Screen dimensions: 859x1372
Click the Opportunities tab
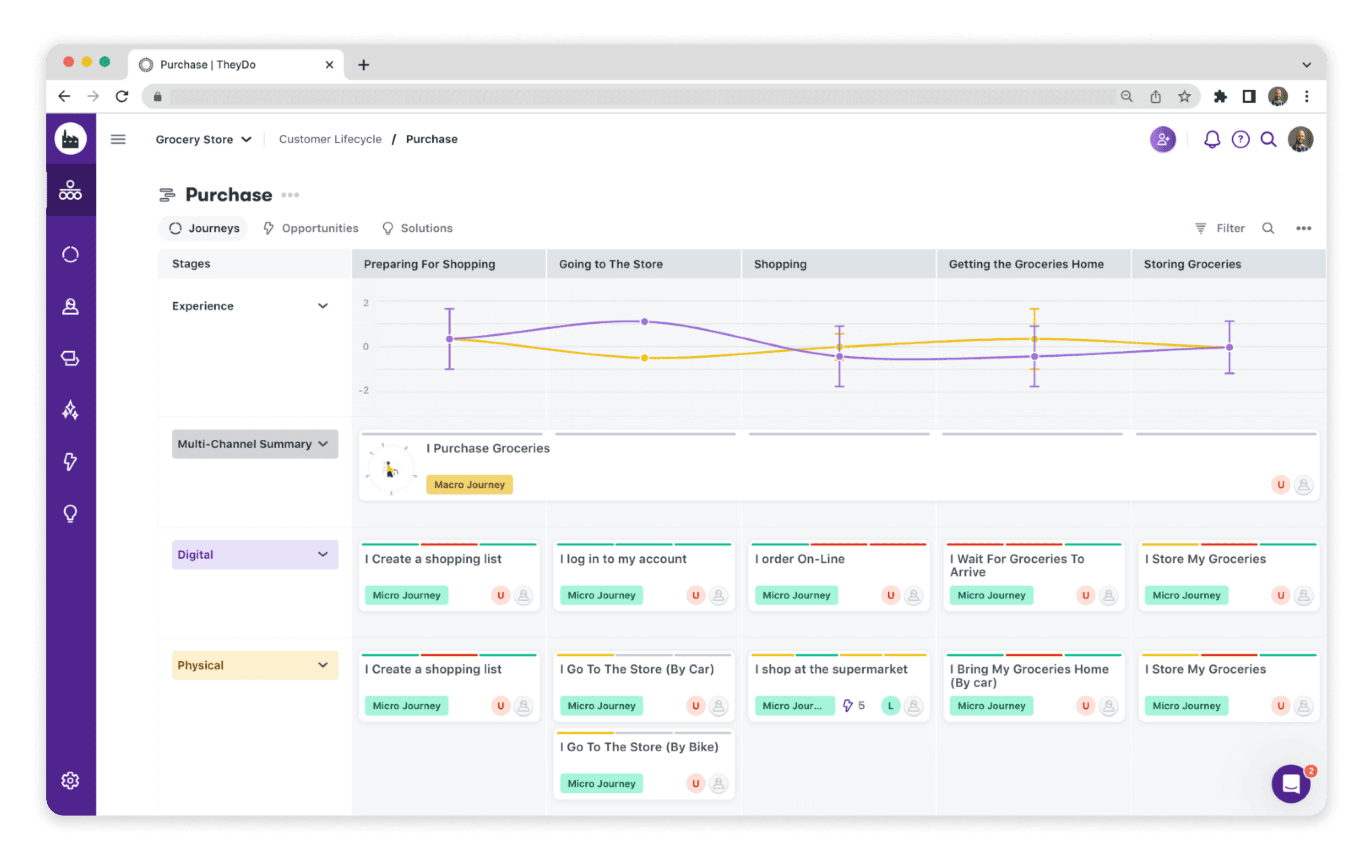pos(311,228)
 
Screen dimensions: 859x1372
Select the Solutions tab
pos(417,228)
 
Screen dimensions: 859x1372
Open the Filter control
pos(1220,228)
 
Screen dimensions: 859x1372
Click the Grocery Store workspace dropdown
pos(203,139)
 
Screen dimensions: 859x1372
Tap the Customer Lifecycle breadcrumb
pos(330,139)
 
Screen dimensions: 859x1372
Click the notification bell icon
pos(1212,139)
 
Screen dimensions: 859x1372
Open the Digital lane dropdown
pos(322,554)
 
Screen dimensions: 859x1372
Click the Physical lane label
pos(201,665)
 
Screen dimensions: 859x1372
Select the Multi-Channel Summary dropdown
pos(254,444)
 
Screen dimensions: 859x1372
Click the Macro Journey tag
pos(469,485)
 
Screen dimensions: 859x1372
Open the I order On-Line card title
pos(799,559)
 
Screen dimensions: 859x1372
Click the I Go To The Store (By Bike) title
pos(638,747)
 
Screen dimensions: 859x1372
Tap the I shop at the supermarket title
pos(830,669)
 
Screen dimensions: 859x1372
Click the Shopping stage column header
pos(780,264)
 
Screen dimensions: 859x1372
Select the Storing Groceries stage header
pos(1192,264)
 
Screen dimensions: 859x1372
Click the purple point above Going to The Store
pos(644,321)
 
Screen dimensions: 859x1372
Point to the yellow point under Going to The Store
pos(644,358)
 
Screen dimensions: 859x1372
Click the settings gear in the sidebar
pos(70,781)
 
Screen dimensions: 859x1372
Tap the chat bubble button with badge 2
pos(1291,784)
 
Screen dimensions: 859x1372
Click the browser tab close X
pos(329,65)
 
